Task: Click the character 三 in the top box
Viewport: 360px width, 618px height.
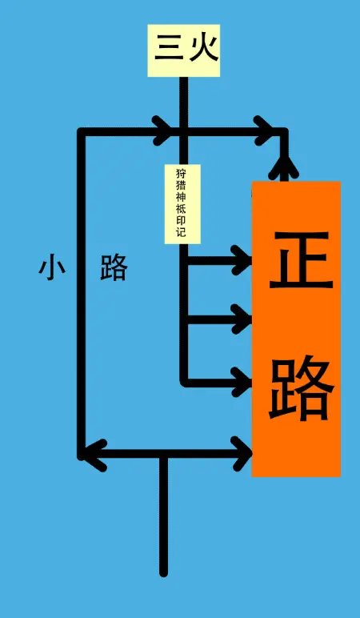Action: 169,48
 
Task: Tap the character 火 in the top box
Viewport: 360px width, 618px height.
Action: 204,48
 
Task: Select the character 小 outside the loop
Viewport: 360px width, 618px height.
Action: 52,267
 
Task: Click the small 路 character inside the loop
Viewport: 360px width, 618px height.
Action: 114,267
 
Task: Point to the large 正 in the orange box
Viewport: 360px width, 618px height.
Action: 302,259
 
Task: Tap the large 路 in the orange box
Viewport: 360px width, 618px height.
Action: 302,387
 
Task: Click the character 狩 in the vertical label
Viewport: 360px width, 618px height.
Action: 181,173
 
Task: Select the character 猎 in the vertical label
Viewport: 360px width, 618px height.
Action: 181,185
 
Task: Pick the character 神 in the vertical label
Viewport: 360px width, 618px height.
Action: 181,197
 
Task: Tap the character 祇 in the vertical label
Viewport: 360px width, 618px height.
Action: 181,208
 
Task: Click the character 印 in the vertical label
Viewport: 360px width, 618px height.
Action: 181,220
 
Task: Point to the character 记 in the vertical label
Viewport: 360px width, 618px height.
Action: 181,232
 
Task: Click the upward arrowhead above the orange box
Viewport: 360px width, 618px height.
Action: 283,168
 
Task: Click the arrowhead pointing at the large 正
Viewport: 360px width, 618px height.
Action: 242,260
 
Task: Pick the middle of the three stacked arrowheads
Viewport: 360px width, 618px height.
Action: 242,319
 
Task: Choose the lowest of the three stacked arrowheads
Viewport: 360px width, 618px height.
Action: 242,382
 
